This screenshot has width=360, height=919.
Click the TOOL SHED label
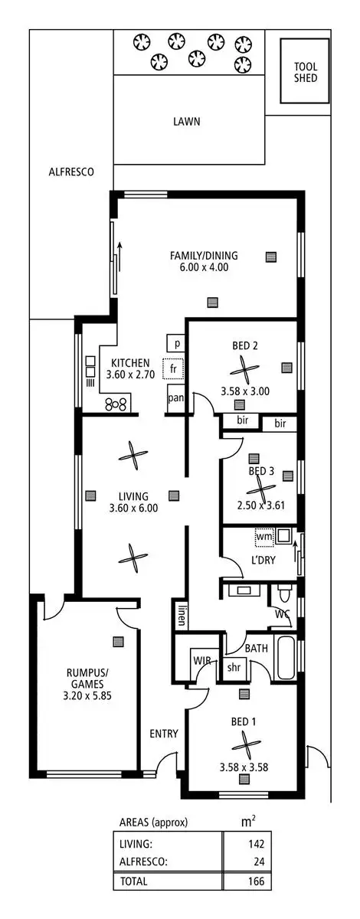click(305, 72)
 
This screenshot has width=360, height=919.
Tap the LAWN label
click(187, 121)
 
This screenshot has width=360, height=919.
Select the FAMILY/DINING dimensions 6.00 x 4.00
click(204, 267)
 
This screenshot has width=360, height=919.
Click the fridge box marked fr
click(174, 368)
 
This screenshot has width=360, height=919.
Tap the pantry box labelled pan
click(175, 397)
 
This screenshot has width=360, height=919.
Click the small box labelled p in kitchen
click(176, 343)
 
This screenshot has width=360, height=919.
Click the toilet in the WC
click(285, 592)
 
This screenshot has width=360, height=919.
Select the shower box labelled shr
click(234, 667)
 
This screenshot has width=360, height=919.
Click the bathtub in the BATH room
click(283, 658)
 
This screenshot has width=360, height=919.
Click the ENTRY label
click(164, 734)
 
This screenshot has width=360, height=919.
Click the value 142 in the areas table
click(256, 844)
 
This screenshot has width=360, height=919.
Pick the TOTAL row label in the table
click(134, 881)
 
